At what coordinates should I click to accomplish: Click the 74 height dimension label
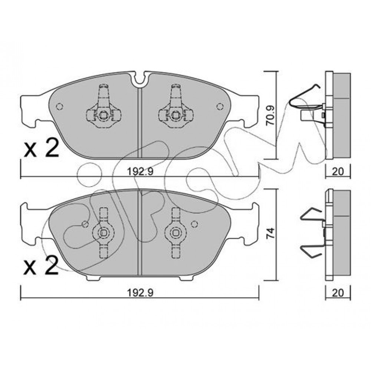click(x=271, y=233)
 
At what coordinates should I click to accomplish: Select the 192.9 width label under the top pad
click(x=140, y=171)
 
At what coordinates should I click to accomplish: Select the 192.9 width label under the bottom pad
click(x=140, y=293)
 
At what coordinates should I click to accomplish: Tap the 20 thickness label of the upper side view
click(x=338, y=171)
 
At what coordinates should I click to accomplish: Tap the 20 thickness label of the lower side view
click(x=338, y=293)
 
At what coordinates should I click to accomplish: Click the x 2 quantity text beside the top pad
click(x=42, y=148)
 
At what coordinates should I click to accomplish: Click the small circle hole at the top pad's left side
click(x=59, y=107)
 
